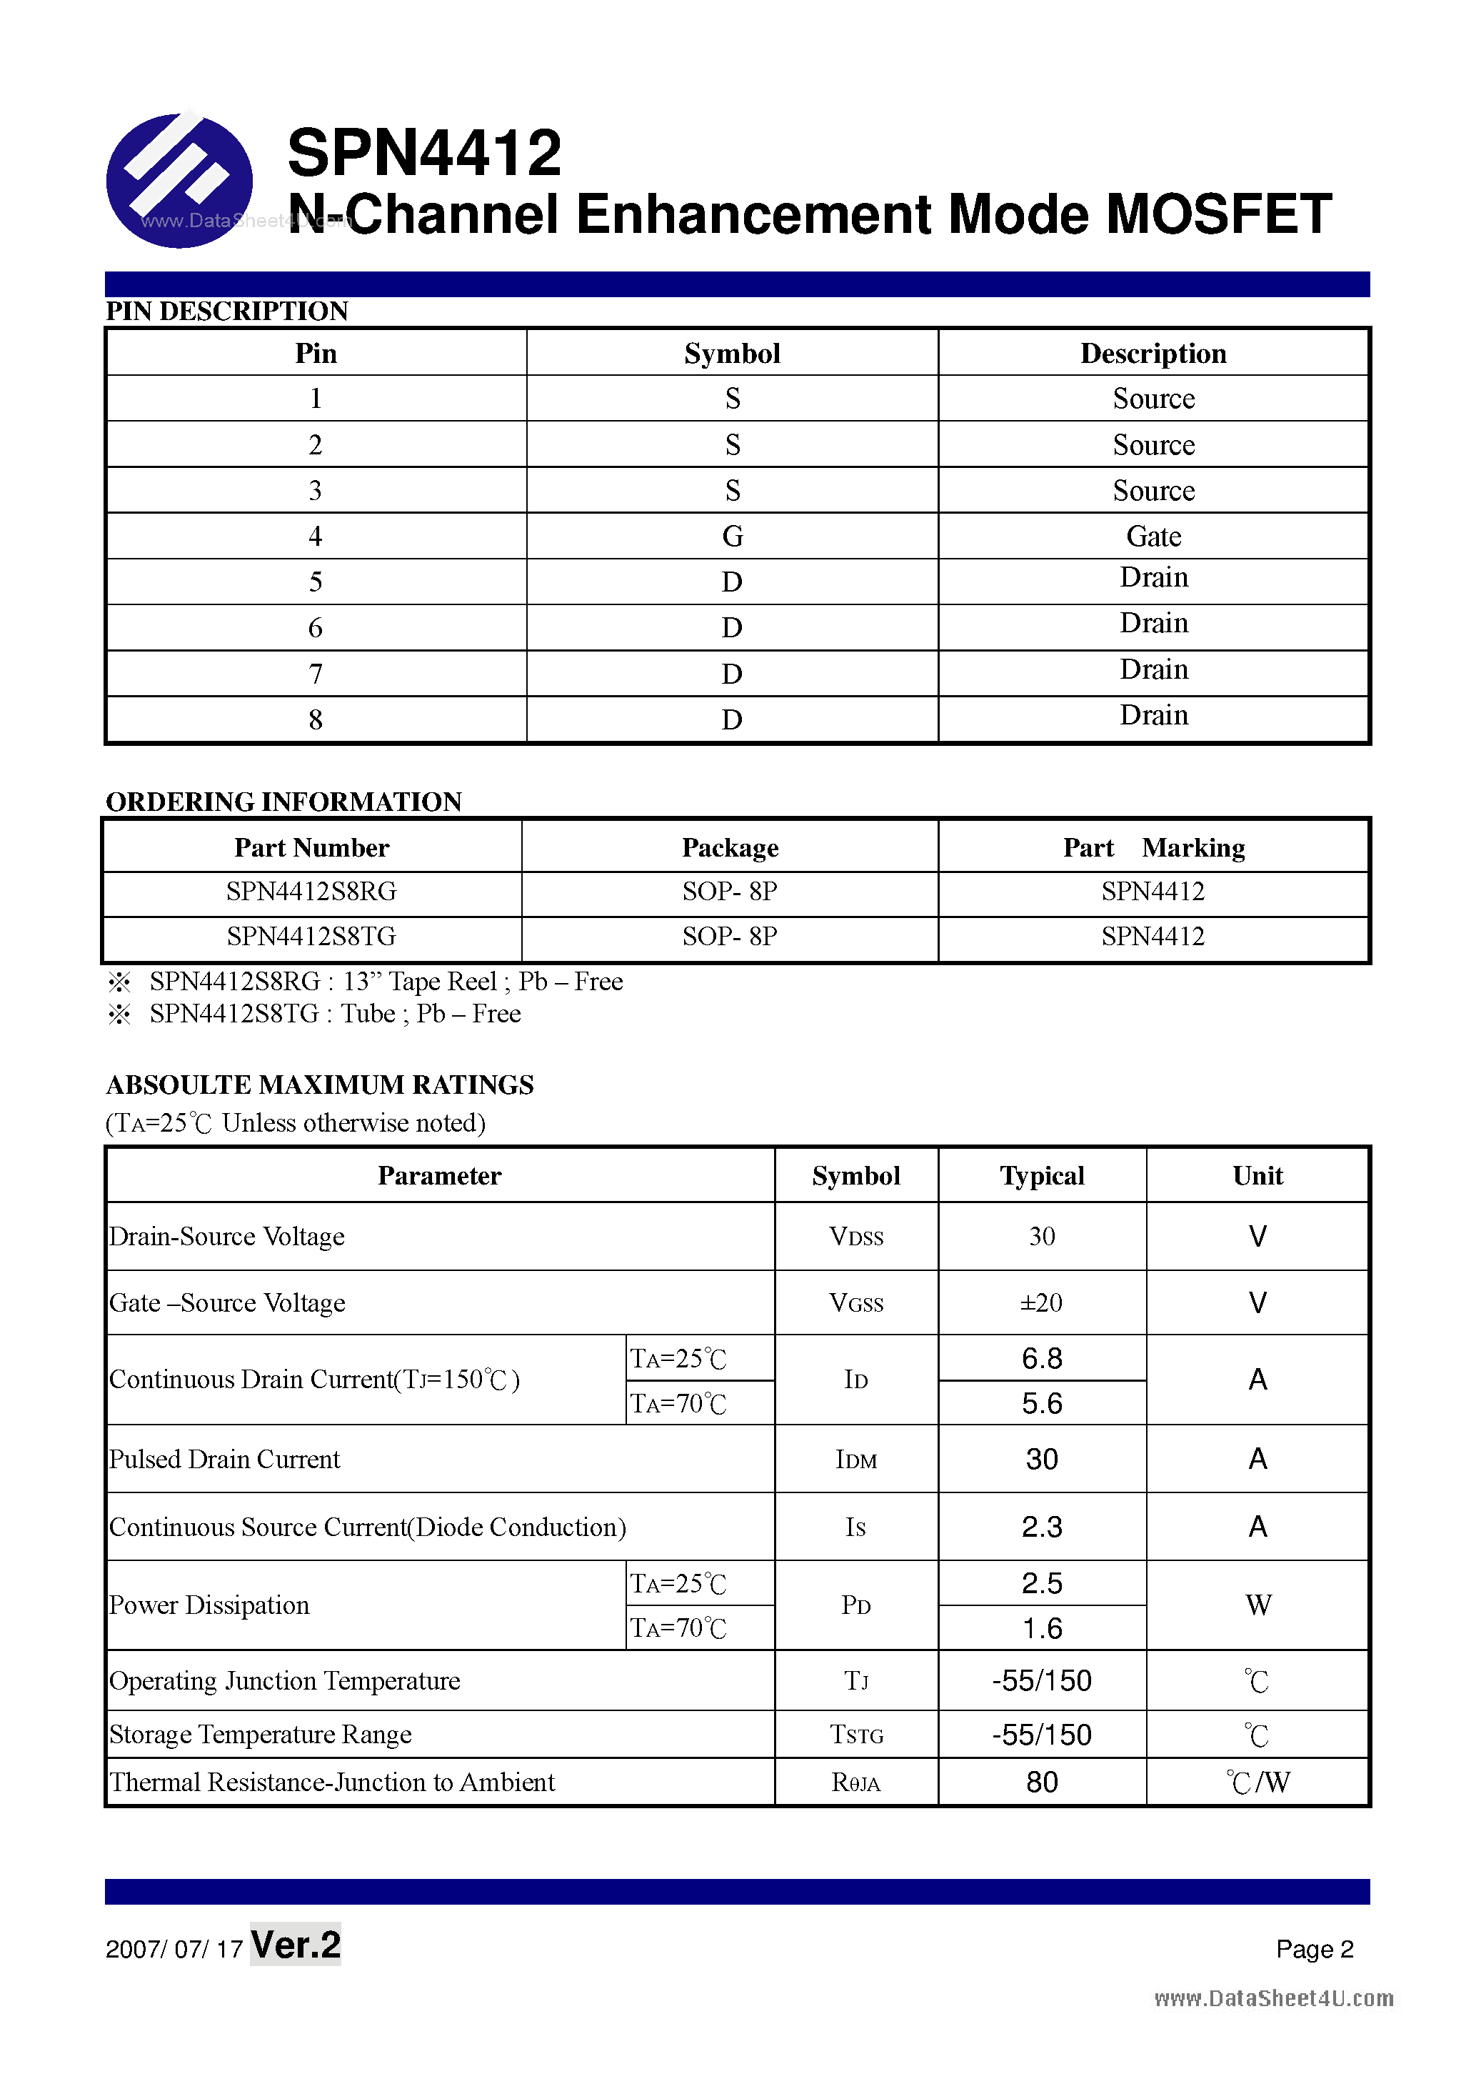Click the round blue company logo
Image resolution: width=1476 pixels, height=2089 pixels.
[x=179, y=180]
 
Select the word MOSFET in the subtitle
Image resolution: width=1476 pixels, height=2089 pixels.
[x=1218, y=215]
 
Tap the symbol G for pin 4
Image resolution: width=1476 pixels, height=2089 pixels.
[x=732, y=536]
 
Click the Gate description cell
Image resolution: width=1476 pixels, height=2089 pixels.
[x=1153, y=536]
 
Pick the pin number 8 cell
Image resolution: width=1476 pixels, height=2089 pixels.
[x=316, y=719]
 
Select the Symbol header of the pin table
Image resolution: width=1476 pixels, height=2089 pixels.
[x=732, y=353]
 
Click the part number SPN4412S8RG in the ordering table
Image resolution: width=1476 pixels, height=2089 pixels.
[x=311, y=892]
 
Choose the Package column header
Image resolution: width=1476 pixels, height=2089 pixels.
[x=731, y=847]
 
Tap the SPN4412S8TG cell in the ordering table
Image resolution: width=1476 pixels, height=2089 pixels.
[x=311, y=936]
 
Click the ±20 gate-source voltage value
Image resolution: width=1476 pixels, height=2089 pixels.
[x=1041, y=1303]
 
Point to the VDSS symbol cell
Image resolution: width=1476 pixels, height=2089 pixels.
[x=855, y=1237]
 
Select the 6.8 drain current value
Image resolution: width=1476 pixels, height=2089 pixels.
[x=1041, y=1358]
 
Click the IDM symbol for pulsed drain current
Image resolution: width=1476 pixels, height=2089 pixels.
[x=855, y=1460]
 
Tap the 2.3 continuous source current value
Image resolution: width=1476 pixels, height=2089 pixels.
[x=1041, y=1527]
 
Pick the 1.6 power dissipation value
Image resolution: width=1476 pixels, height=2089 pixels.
[x=1041, y=1629]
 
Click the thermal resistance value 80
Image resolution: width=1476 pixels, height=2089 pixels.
[x=1041, y=1782]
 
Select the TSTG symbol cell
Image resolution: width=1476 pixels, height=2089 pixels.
[x=855, y=1735]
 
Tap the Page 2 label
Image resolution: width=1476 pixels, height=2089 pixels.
[x=1314, y=1949]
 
